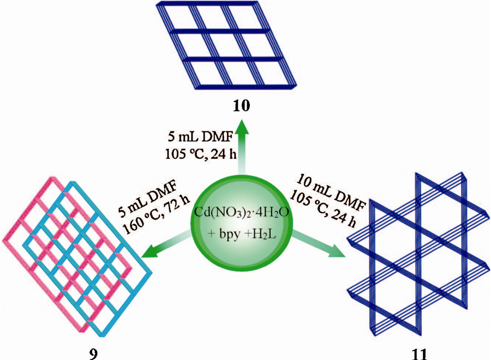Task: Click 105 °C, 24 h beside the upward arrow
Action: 202,154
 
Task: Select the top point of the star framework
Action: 418,175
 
